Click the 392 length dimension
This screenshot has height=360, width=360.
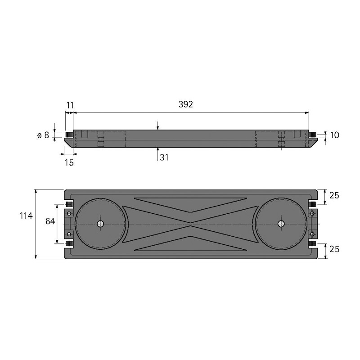(x=186, y=104)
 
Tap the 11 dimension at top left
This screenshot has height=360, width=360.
(x=70, y=105)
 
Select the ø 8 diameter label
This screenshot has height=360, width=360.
(x=43, y=135)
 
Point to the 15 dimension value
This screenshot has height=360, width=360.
(x=69, y=162)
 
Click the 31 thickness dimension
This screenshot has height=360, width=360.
(x=164, y=157)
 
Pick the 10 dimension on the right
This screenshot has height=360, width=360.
(x=334, y=135)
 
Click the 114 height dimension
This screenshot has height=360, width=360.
(x=26, y=216)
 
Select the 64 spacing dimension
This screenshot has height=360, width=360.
(x=50, y=221)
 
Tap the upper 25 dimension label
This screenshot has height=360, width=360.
(x=334, y=195)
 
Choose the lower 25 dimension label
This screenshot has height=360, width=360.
(x=334, y=249)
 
